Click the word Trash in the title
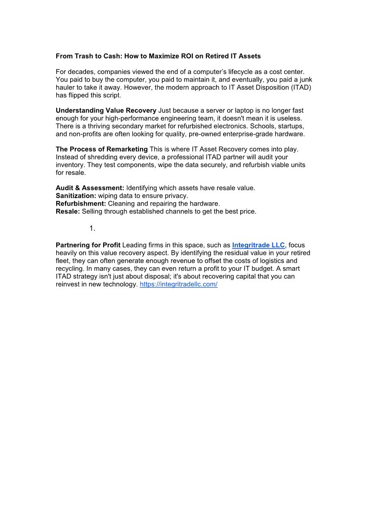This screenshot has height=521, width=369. click(84, 56)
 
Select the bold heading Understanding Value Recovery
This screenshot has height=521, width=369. click(106, 110)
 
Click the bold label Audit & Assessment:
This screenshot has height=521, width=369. click(90, 188)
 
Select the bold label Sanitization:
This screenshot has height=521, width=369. click(76, 196)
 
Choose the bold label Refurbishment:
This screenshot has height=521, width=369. click(81, 204)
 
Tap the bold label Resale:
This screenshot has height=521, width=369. click(68, 212)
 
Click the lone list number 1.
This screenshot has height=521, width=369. click(92, 228)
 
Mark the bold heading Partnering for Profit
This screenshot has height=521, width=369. click(88, 245)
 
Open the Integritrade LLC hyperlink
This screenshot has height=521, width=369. click(258, 245)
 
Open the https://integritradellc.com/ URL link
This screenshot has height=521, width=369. click(178, 284)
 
